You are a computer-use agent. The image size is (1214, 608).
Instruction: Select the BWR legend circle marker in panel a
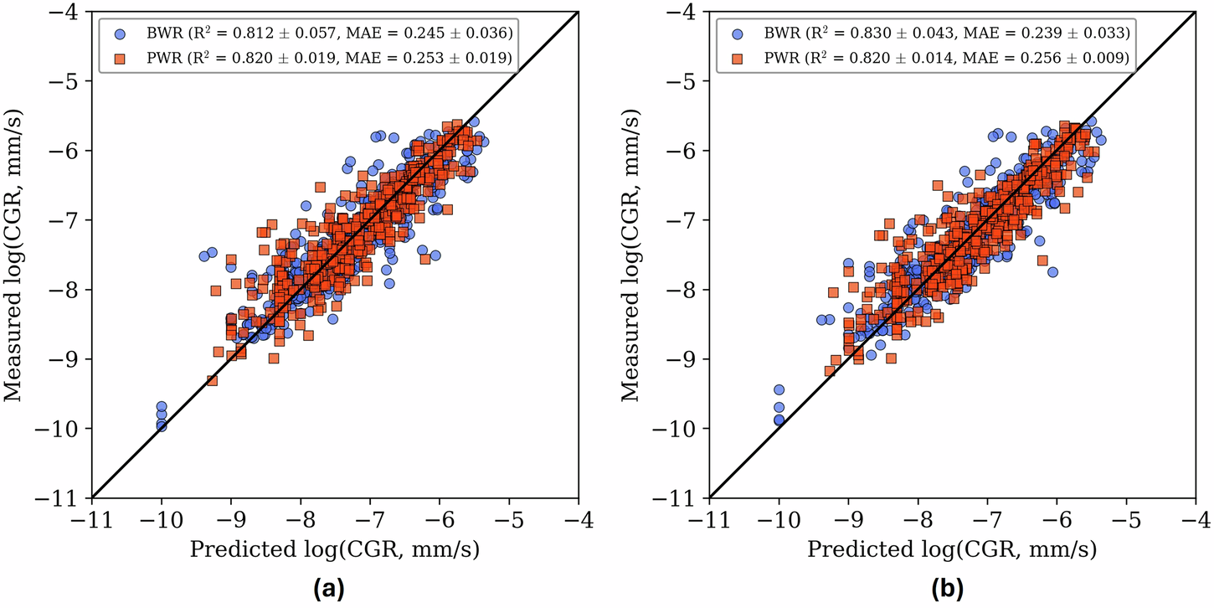120,34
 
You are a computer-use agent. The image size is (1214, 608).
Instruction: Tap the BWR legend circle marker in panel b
738,34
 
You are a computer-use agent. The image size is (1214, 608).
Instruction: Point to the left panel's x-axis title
335,549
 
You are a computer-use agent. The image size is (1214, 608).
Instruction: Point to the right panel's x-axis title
952,549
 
